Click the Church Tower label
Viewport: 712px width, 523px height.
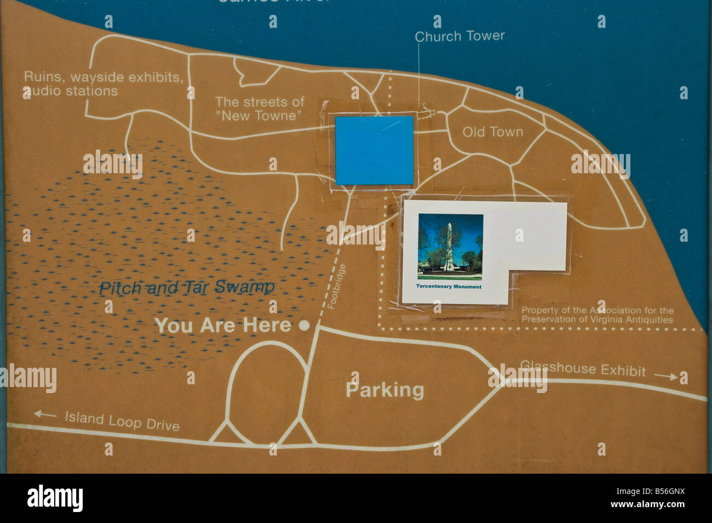pos(460,36)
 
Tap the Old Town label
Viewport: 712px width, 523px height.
pos(492,132)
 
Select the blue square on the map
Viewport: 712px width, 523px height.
pos(374,150)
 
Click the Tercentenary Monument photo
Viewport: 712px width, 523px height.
pos(450,247)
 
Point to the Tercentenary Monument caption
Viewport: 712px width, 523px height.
pos(449,287)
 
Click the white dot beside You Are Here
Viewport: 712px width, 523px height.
pos(305,326)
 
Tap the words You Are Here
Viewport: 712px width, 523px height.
pos(222,326)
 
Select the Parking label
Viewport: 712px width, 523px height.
pos(384,390)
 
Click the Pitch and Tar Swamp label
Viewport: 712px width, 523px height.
pos(187,287)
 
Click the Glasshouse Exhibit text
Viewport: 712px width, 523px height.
pos(583,368)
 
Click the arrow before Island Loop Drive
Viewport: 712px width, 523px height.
pos(45,414)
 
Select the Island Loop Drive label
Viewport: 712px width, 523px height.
pos(122,420)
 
